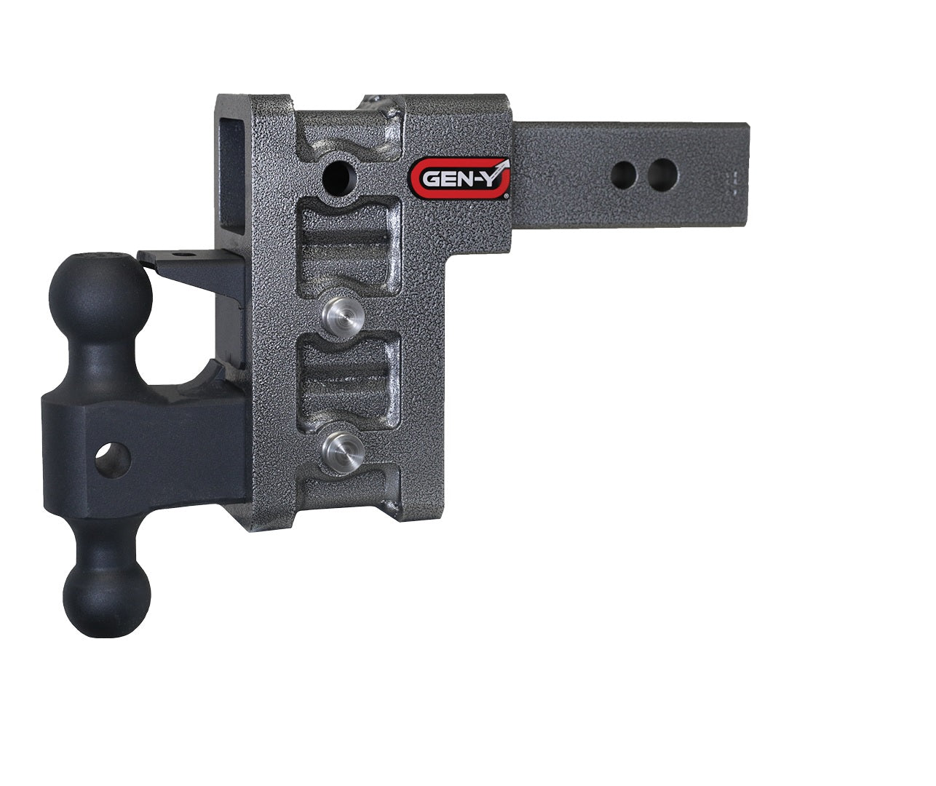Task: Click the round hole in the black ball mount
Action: [x=114, y=461]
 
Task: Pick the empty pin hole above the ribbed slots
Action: [x=338, y=175]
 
